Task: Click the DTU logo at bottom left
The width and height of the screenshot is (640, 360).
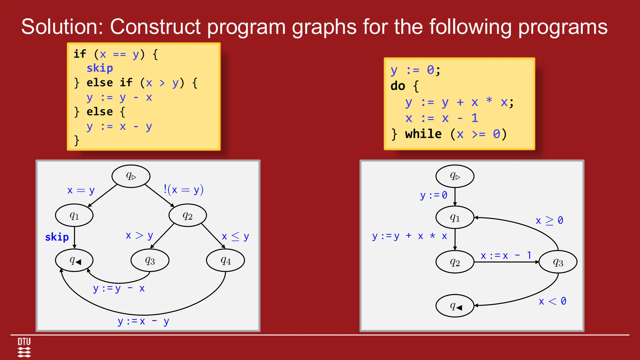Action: click(x=24, y=347)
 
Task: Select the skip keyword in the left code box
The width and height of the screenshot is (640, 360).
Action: click(x=100, y=68)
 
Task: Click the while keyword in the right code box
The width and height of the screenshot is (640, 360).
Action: click(x=423, y=134)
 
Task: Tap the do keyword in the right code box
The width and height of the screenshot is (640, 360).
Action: click(x=397, y=86)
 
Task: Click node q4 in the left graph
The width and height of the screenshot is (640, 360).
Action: click(x=225, y=260)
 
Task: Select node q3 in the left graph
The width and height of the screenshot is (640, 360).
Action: click(x=150, y=260)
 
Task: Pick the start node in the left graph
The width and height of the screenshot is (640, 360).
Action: click(x=131, y=176)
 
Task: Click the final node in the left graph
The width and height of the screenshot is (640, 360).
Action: click(x=74, y=260)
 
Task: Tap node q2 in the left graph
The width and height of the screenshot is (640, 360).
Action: click(x=187, y=215)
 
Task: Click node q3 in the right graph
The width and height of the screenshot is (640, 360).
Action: click(x=558, y=262)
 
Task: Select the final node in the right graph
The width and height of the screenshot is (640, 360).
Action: click(x=455, y=306)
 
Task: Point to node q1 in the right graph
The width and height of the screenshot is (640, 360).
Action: click(x=455, y=217)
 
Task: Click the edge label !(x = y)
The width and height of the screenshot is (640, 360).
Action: click(x=183, y=190)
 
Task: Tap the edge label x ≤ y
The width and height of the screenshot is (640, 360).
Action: click(x=235, y=237)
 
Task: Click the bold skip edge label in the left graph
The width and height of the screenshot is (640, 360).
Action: click(x=57, y=237)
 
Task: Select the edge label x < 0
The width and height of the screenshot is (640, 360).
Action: click(x=552, y=301)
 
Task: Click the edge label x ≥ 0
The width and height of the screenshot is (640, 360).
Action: click(x=549, y=221)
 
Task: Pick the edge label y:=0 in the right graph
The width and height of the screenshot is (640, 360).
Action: click(x=433, y=195)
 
